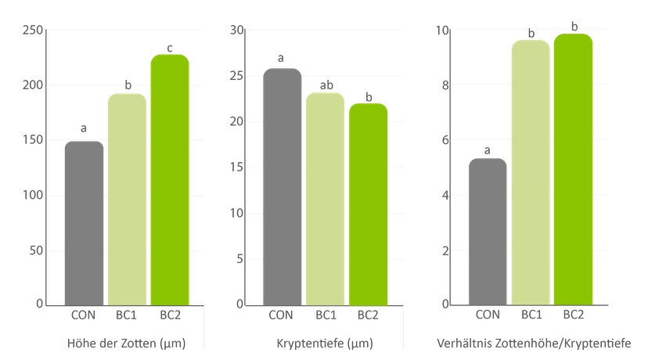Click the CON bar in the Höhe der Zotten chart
click(x=84, y=223)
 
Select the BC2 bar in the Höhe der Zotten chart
click(x=170, y=180)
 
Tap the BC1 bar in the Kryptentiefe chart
click(x=326, y=200)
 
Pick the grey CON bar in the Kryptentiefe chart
click(x=283, y=187)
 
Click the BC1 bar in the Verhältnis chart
click(x=531, y=173)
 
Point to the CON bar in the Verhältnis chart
click(x=488, y=232)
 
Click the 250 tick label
click(x=33, y=31)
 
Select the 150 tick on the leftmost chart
click(x=33, y=140)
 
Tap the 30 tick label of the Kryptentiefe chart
click(x=237, y=31)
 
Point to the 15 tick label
click(x=237, y=167)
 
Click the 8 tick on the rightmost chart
click(x=445, y=85)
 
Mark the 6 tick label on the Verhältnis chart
click(x=445, y=140)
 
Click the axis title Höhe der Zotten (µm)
click(x=127, y=343)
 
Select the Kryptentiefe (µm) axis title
click(x=325, y=343)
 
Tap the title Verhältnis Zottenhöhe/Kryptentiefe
click(x=534, y=343)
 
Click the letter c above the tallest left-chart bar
click(x=170, y=49)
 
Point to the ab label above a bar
click(x=326, y=85)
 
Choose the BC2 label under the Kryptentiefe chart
click(x=368, y=315)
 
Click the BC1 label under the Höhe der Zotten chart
click(x=126, y=315)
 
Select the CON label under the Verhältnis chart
click(x=488, y=315)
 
